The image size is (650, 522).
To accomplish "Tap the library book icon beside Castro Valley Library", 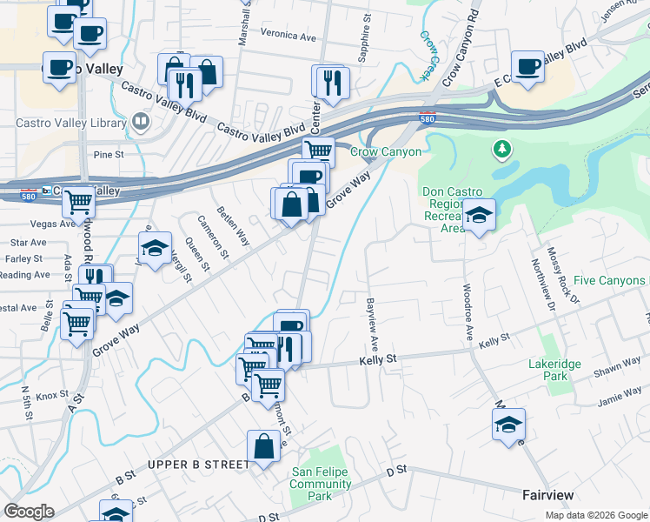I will (x=140, y=122).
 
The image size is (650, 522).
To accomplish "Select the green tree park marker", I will (x=501, y=151).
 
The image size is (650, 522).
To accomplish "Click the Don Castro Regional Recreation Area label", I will (x=450, y=210).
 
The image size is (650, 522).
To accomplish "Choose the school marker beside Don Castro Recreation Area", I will (x=478, y=215).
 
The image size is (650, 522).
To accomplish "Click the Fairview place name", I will (x=547, y=495).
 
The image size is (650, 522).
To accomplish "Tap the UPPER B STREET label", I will (x=198, y=465).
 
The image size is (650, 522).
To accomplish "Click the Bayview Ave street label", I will (x=371, y=318).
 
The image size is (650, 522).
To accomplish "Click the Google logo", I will (x=30, y=512).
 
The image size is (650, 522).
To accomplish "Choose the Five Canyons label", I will (x=610, y=280).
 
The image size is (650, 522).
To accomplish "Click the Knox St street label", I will (x=52, y=395).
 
